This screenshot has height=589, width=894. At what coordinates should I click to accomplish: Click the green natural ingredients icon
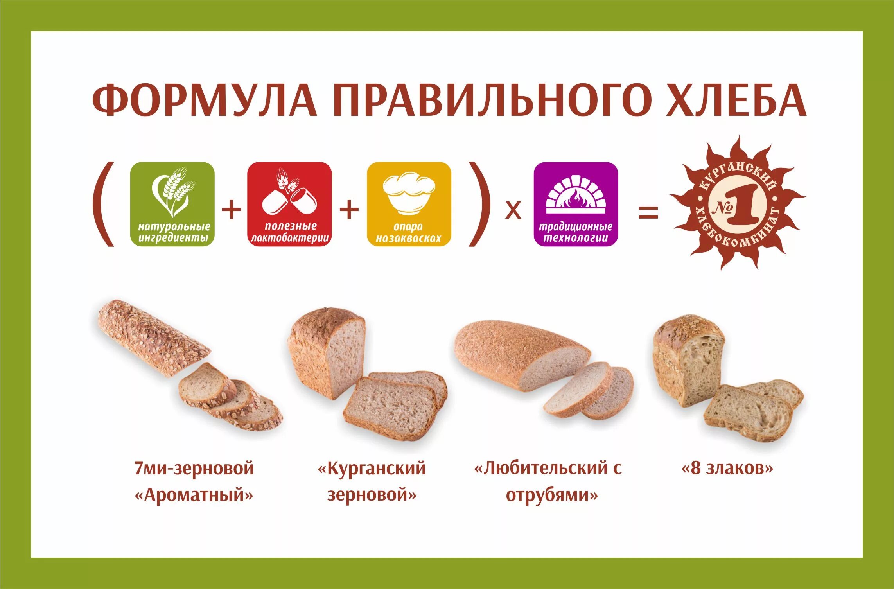click(172, 204)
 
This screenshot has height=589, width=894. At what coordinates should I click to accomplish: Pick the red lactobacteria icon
click(289, 204)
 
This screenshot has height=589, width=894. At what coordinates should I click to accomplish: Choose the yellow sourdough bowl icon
click(409, 204)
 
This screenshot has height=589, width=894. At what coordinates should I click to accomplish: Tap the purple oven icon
click(576, 204)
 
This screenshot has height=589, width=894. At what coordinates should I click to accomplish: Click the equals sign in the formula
click(648, 213)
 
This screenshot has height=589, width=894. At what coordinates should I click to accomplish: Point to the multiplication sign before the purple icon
click(513, 211)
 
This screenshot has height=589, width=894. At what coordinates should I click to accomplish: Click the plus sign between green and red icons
click(232, 210)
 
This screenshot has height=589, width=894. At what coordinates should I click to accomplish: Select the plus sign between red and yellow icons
click(349, 210)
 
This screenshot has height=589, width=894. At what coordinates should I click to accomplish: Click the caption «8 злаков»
click(727, 468)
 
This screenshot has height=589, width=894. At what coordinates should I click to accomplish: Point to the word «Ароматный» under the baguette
click(194, 496)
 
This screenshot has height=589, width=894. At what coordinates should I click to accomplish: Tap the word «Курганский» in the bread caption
click(372, 468)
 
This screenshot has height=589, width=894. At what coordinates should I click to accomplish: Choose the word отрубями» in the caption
click(552, 496)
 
